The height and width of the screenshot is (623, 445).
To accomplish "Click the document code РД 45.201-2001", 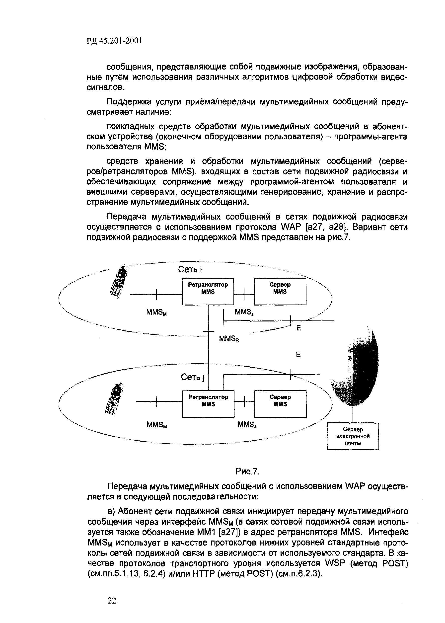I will pos(115,41).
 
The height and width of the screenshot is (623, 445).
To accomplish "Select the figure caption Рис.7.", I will pos(247,471).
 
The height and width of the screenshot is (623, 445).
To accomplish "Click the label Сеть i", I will pos(190,269).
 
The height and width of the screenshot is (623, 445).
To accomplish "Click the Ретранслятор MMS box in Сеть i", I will pos(208,291).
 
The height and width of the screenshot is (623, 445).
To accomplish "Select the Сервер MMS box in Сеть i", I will pos(280,291).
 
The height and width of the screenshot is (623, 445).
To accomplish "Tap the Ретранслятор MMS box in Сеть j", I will pos(208,404).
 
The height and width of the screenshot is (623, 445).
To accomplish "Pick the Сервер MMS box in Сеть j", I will pos(280,404).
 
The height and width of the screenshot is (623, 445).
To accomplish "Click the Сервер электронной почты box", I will pos(353,436).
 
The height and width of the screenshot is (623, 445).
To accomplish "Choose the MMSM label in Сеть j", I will pos(157,425).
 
